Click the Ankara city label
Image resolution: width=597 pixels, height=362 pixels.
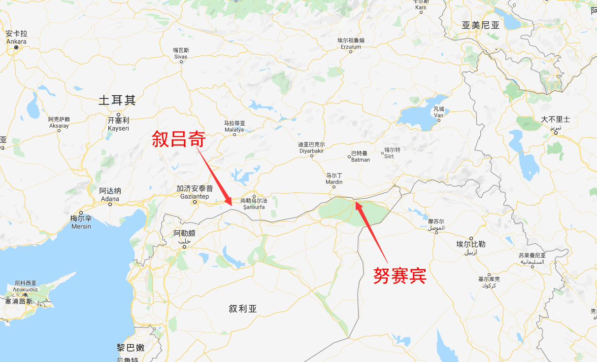(x=16, y=37)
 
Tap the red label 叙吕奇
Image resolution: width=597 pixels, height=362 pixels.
(x=178, y=139)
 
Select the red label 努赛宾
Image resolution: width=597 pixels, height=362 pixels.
(x=399, y=275)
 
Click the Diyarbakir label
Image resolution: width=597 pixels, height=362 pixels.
(x=312, y=148)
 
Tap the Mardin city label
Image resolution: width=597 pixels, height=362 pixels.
(x=334, y=179)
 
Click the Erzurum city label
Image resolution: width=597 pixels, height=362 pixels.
(x=351, y=43)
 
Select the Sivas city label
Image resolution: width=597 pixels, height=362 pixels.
(x=181, y=53)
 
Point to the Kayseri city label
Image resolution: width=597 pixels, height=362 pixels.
(x=118, y=124)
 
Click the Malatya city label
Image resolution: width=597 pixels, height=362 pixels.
(x=234, y=126)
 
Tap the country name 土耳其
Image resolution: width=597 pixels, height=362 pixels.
(x=117, y=101)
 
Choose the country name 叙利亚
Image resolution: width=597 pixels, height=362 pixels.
(x=243, y=309)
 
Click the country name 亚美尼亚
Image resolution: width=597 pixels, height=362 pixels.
(x=480, y=25)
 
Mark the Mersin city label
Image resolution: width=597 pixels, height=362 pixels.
(x=81, y=222)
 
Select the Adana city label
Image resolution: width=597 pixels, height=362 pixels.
(x=110, y=195)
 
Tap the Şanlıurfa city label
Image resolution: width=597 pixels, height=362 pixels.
(x=253, y=204)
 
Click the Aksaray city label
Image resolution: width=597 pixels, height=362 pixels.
(x=59, y=122)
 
